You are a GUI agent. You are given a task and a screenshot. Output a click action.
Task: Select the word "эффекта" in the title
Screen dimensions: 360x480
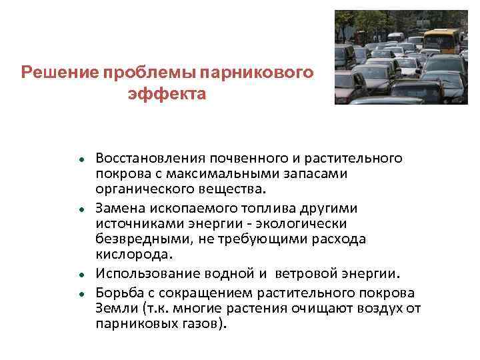[x=167, y=94]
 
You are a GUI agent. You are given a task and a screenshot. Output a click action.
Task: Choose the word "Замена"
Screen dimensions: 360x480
[x=119, y=207]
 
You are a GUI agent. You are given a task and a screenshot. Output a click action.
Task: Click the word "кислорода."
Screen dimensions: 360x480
[x=134, y=254]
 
